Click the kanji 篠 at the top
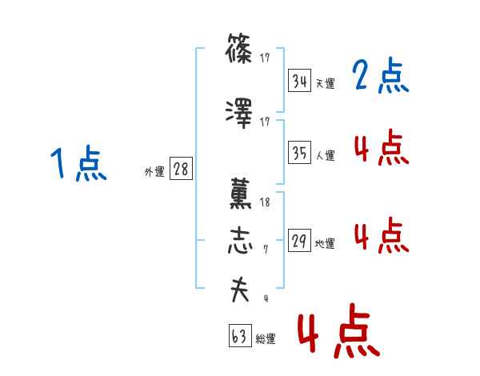pos(240,52)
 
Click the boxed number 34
pos(300,81)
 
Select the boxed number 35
pos(300,153)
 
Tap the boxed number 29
pos(300,241)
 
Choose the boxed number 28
pos(182,169)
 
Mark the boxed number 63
pos(239,336)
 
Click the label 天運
pos(325,83)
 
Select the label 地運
pos(325,244)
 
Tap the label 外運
pos(154,171)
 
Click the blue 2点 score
pos(380,78)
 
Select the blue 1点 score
pos(78,165)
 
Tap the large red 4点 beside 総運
pos(338,333)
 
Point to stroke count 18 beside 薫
pos(266,202)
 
